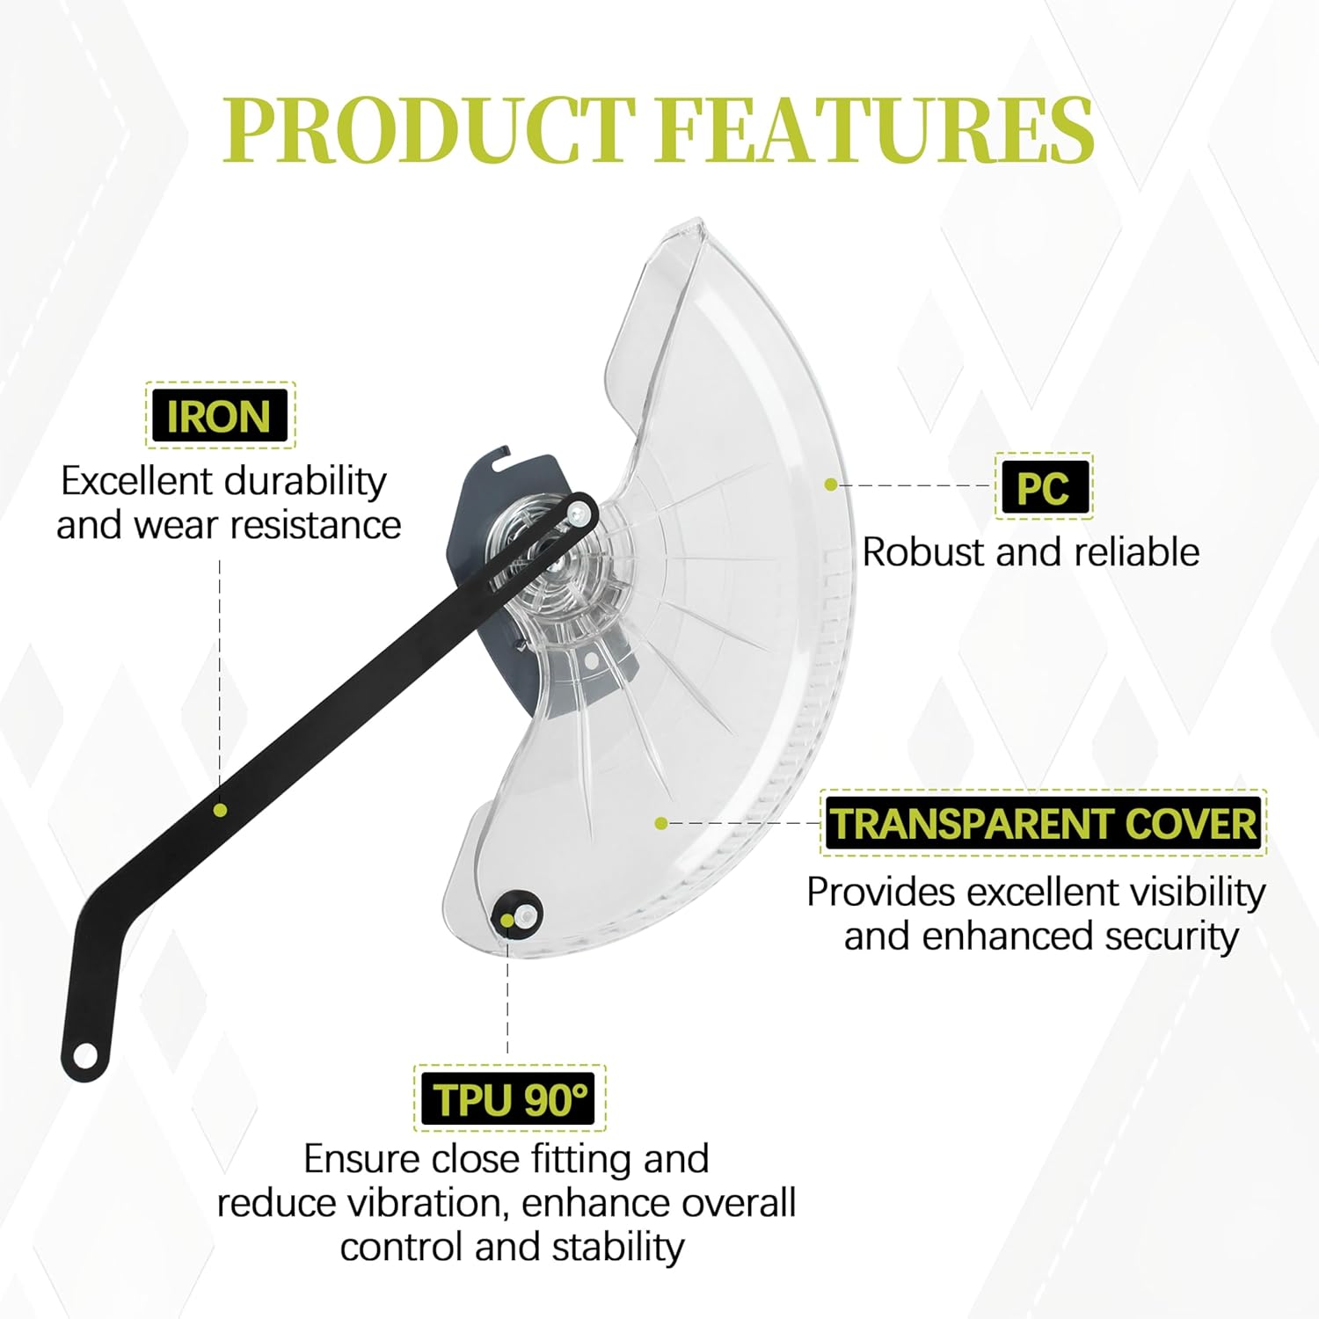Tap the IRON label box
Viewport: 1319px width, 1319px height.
(x=219, y=416)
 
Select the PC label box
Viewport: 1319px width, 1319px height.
(x=1043, y=486)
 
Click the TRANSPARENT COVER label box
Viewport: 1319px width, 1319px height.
(x=1043, y=823)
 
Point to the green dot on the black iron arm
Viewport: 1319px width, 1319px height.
(x=220, y=810)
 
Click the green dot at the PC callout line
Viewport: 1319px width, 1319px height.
(x=830, y=485)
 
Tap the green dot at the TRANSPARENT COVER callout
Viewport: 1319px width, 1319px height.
(x=661, y=823)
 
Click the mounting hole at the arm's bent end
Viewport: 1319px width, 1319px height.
(x=85, y=1054)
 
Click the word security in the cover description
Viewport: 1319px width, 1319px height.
(x=1171, y=936)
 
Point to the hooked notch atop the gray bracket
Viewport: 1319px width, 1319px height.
(x=502, y=457)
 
